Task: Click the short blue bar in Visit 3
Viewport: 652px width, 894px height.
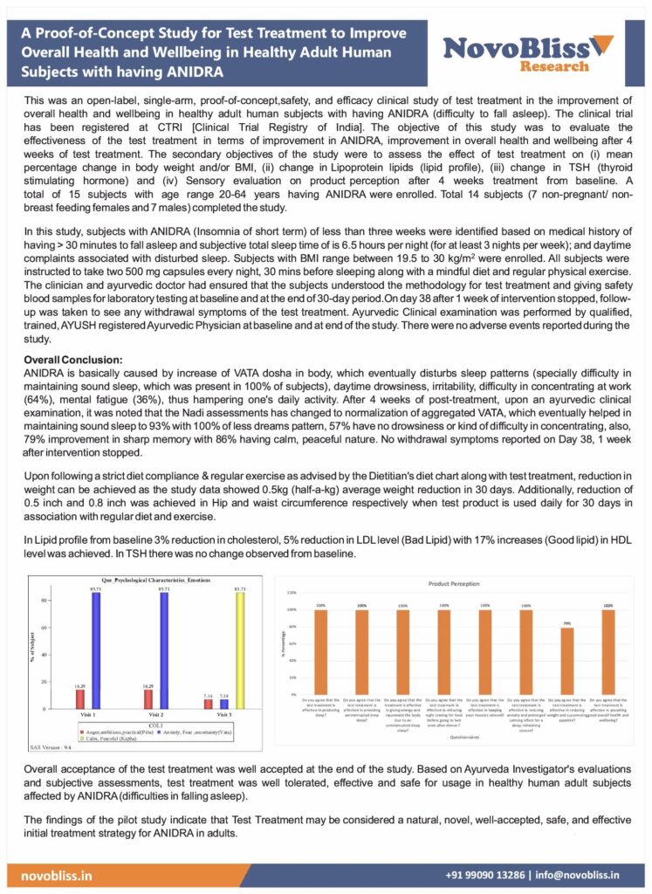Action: click(x=224, y=704)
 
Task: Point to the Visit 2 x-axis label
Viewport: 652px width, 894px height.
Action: click(x=159, y=715)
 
